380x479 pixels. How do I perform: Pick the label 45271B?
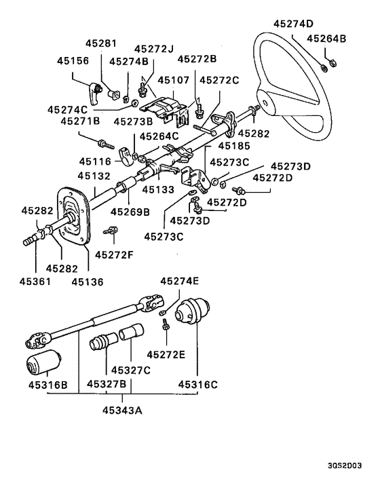[80, 121]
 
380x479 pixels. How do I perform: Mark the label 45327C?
[131, 370]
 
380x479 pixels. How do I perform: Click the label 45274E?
[180, 281]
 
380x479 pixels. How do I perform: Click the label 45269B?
[130, 210]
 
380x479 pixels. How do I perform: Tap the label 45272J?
[154, 49]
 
